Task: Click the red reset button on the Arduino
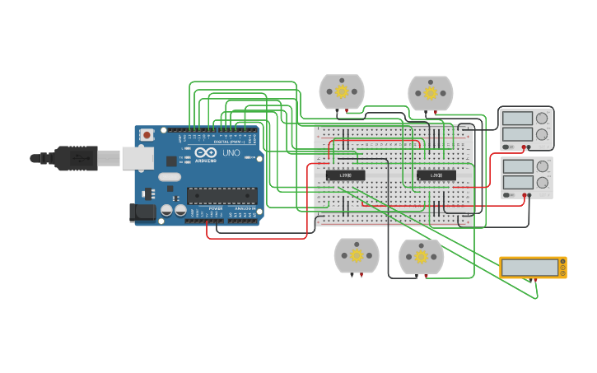click(147, 134)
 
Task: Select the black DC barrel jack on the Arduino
click(142, 212)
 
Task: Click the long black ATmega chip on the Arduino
click(222, 196)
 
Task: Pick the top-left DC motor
click(342, 91)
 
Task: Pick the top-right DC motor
click(431, 93)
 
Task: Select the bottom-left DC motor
click(357, 255)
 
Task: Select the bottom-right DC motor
click(422, 256)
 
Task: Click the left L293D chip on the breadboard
click(346, 175)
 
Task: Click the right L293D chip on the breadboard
click(436, 175)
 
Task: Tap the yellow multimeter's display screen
click(529, 268)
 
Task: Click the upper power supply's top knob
click(542, 118)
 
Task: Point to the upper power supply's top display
click(516, 118)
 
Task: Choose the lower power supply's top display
click(516, 166)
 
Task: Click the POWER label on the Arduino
click(215, 209)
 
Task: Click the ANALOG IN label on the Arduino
click(245, 209)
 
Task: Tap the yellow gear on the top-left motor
click(342, 91)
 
